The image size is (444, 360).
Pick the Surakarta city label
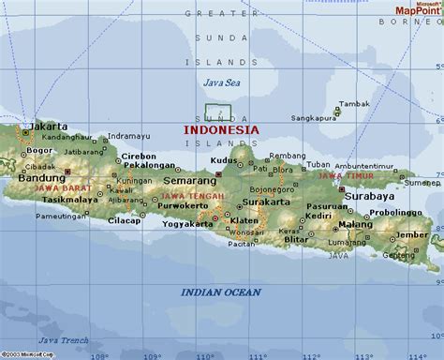pyautogui.click(x=265, y=201)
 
